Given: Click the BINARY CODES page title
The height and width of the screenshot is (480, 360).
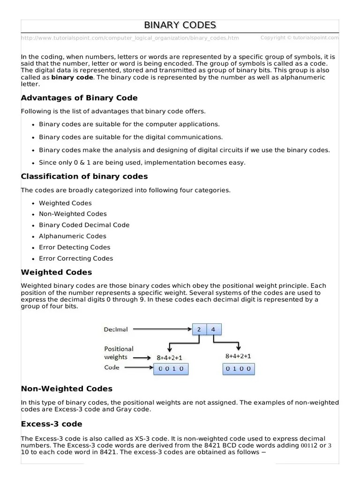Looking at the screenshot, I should pyautogui.click(x=180, y=25).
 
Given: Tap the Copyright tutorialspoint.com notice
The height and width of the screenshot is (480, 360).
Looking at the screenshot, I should pyautogui.click(x=300, y=37).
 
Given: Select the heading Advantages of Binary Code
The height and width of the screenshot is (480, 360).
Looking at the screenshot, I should pyautogui.click(x=79, y=98).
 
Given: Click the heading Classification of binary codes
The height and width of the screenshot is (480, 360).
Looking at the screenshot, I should pyautogui.click(x=84, y=177).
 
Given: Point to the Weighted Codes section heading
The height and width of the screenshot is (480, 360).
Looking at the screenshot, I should pyautogui.click(x=56, y=272).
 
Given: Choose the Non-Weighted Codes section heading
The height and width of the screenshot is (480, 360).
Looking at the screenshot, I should pyautogui.click(x=67, y=389).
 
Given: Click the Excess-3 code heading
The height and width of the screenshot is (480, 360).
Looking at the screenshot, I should pyautogui.click(x=52, y=424).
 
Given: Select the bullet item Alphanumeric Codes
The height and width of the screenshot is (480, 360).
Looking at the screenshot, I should pyautogui.click(x=72, y=236).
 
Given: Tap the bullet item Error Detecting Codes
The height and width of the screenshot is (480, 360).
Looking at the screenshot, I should pyautogui.click(x=75, y=247).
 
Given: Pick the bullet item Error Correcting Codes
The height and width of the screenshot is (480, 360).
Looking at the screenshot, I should pyautogui.click(x=75, y=258).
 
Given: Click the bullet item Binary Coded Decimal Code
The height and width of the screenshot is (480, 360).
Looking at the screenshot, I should pyautogui.click(x=84, y=225).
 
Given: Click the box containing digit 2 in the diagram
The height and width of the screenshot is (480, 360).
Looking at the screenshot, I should pyautogui.click(x=199, y=330).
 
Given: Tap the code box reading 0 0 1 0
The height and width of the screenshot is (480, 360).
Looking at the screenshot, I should pyautogui.click(x=171, y=368).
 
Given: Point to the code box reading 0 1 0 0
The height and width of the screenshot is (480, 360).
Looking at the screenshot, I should pyautogui.click(x=239, y=368).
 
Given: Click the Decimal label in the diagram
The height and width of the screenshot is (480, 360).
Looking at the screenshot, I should pyautogui.click(x=115, y=330).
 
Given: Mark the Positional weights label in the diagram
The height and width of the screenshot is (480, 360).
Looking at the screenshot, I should pyautogui.click(x=118, y=353).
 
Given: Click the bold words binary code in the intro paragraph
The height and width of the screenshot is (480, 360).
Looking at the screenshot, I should pyautogui.click(x=72, y=77).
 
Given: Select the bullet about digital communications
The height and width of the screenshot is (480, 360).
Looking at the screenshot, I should pyautogui.click(x=131, y=137).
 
